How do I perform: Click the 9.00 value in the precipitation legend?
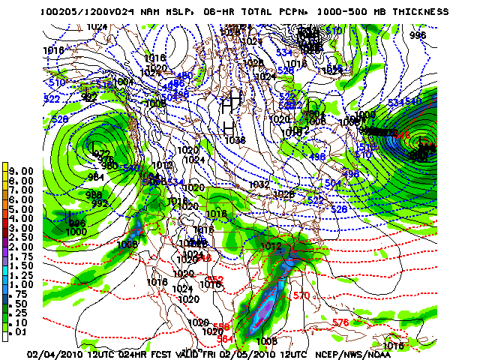[22, 171]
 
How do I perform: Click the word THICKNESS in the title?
[420, 12]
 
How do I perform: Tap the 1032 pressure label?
[259, 184]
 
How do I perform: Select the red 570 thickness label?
[301, 296]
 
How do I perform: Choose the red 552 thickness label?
[216, 280]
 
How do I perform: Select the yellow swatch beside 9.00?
[6, 171]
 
